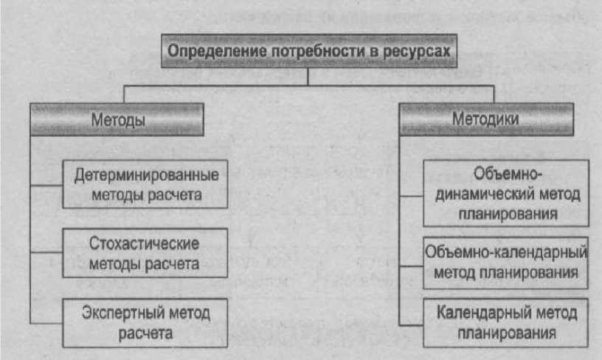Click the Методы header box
(x=117, y=119)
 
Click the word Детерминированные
(x=146, y=176)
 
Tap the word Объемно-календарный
(x=506, y=253)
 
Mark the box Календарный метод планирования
(x=505, y=322)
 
